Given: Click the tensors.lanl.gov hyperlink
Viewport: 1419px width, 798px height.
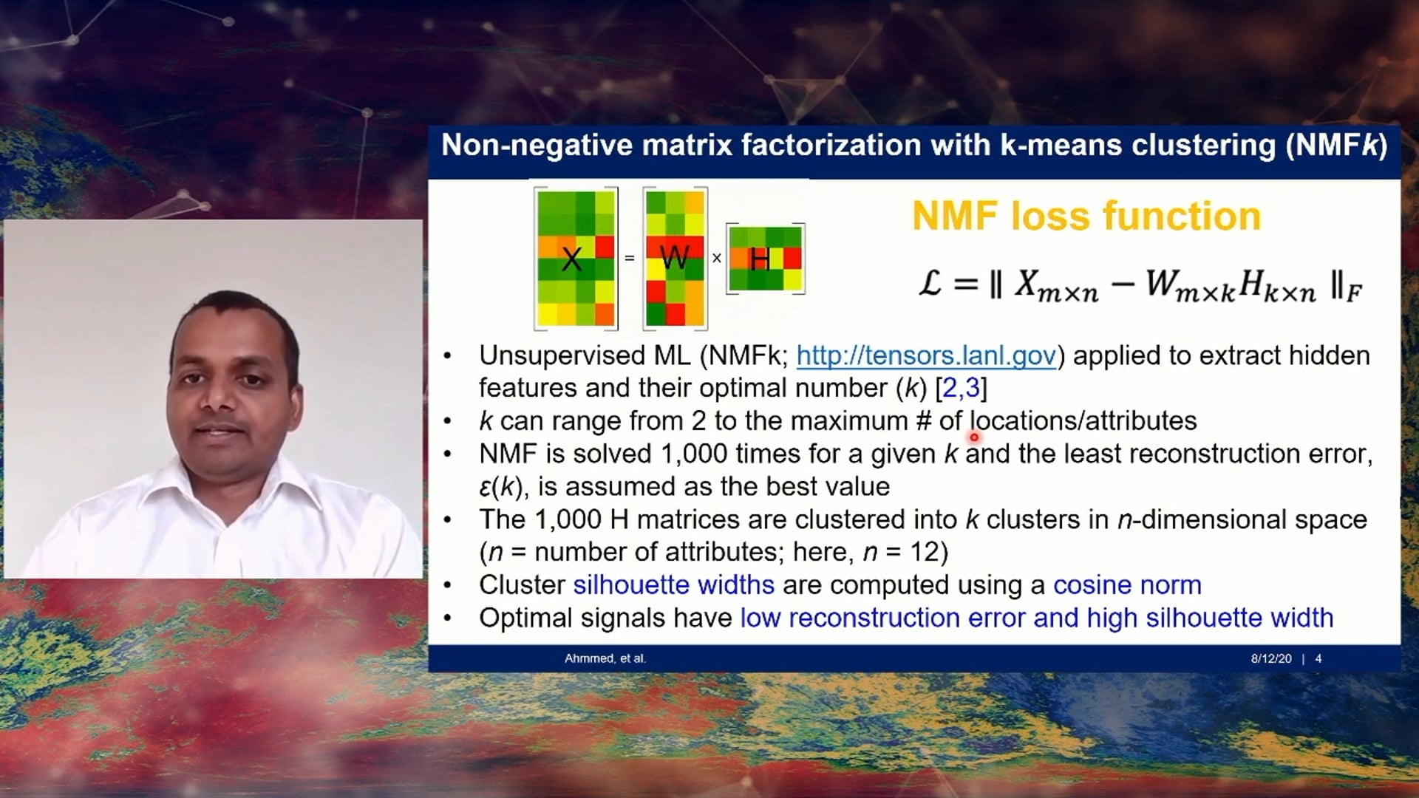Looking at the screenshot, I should (x=925, y=355).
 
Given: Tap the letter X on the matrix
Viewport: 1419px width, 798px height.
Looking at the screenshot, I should (x=571, y=259).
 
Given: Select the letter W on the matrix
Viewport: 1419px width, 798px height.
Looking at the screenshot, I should (x=674, y=258).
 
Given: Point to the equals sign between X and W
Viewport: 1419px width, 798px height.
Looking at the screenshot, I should (x=630, y=258).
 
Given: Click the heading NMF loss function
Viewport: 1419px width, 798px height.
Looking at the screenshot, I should (x=1086, y=216).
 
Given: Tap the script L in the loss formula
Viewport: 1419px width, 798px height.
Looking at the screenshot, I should (x=930, y=283).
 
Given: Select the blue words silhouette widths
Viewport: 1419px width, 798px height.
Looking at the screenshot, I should (x=673, y=584).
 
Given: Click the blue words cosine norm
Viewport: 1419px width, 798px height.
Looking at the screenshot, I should (x=1126, y=584).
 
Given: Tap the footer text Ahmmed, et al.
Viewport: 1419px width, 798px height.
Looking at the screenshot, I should (x=605, y=658).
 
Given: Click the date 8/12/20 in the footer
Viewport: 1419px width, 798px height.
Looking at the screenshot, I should (x=1270, y=658).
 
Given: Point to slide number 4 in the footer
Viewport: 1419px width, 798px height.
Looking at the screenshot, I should (x=1318, y=658).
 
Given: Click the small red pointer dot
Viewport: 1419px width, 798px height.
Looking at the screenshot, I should (x=974, y=437).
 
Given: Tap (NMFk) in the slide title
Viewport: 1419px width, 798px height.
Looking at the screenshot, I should (x=1336, y=145).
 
